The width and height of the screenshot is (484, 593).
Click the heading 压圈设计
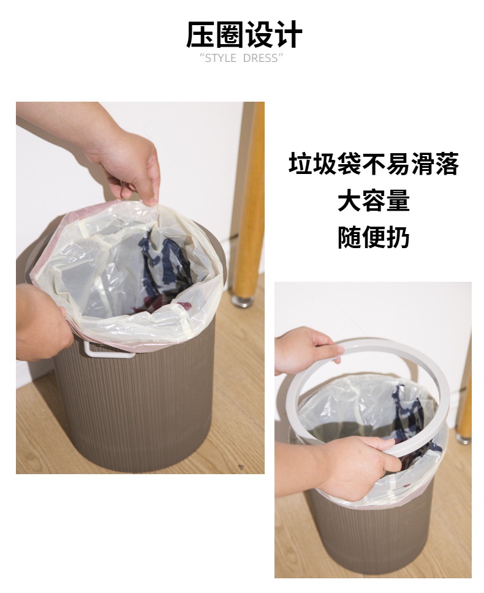244,35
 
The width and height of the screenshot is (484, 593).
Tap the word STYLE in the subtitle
221,58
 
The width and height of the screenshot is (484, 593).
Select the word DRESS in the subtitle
260,58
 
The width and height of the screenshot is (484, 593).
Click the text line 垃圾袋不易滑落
373,165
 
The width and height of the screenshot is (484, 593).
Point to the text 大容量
373,201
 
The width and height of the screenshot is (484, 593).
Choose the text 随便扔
373,237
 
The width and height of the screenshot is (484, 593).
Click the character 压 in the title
200,35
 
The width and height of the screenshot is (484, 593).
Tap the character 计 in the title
288,35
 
